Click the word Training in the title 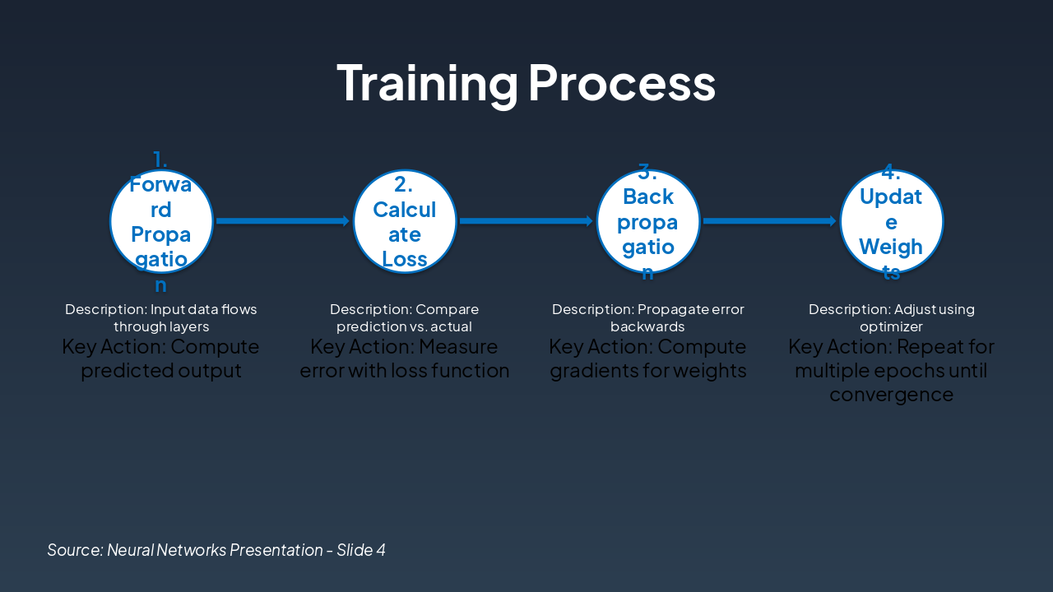pyautogui.click(x=427, y=83)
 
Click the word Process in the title pyautogui.click(x=621, y=83)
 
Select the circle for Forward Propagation pyautogui.click(x=161, y=221)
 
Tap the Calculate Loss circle pyautogui.click(x=405, y=221)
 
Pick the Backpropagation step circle pyautogui.click(x=648, y=221)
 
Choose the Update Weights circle pyautogui.click(x=891, y=221)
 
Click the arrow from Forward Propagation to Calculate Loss pyautogui.click(x=283, y=220)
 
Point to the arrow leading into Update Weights pyautogui.click(x=769, y=220)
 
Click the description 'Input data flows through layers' pyautogui.click(x=161, y=318)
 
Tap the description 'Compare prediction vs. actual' pyautogui.click(x=405, y=318)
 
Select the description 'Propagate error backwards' pyautogui.click(x=648, y=318)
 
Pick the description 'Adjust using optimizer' pyautogui.click(x=891, y=318)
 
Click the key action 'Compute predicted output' pyautogui.click(x=161, y=358)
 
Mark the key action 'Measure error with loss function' pyautogui.click(x=405, y=358)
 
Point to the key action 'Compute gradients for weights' pyautogui.click(x=648, y=358)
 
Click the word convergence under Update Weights pyautogui.click(x=891, y=395)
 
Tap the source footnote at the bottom pyautogui.click(x=216, y=549)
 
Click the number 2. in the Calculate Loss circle pyautogui.click(x=404, y=184)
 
